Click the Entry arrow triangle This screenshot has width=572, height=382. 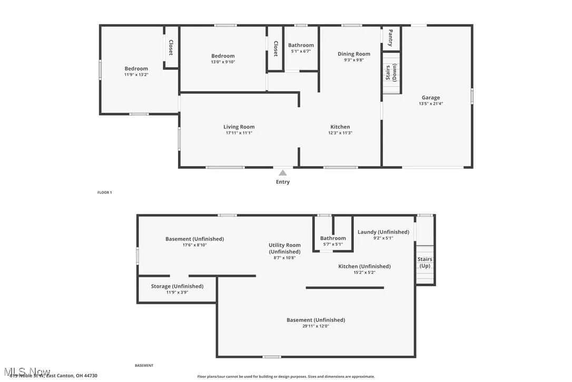(x=283, y=173)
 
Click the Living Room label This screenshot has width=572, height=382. (x=239, y=127)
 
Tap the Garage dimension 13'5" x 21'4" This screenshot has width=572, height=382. (x=430, y=103)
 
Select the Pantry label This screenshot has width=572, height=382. (x=390, y=38)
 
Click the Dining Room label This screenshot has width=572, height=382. (x=353, y=54)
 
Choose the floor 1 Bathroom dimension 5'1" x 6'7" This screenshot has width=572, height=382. (x=301, y=51)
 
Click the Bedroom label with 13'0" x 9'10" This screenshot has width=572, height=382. (x=223, y=56)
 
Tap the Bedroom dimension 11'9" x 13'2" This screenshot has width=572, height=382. (x=136, y=75)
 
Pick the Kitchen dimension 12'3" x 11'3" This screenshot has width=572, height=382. (x=340, y=133)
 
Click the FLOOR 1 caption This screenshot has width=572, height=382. (x=104, y=193)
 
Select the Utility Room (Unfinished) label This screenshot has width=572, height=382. (x=284, y=249)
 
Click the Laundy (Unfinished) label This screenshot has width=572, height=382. (x=383, y=232)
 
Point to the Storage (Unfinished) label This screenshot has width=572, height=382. (x=177, y=286)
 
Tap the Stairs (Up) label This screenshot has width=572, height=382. (x=425, y=262)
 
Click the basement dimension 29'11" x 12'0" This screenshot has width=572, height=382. (x=315, y=326)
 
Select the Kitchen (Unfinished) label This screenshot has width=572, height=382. (x=364, y=266)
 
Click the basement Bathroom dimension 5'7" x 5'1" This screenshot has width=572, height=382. (x=333, y=244)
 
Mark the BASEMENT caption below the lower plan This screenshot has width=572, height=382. (x=144, y=366)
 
